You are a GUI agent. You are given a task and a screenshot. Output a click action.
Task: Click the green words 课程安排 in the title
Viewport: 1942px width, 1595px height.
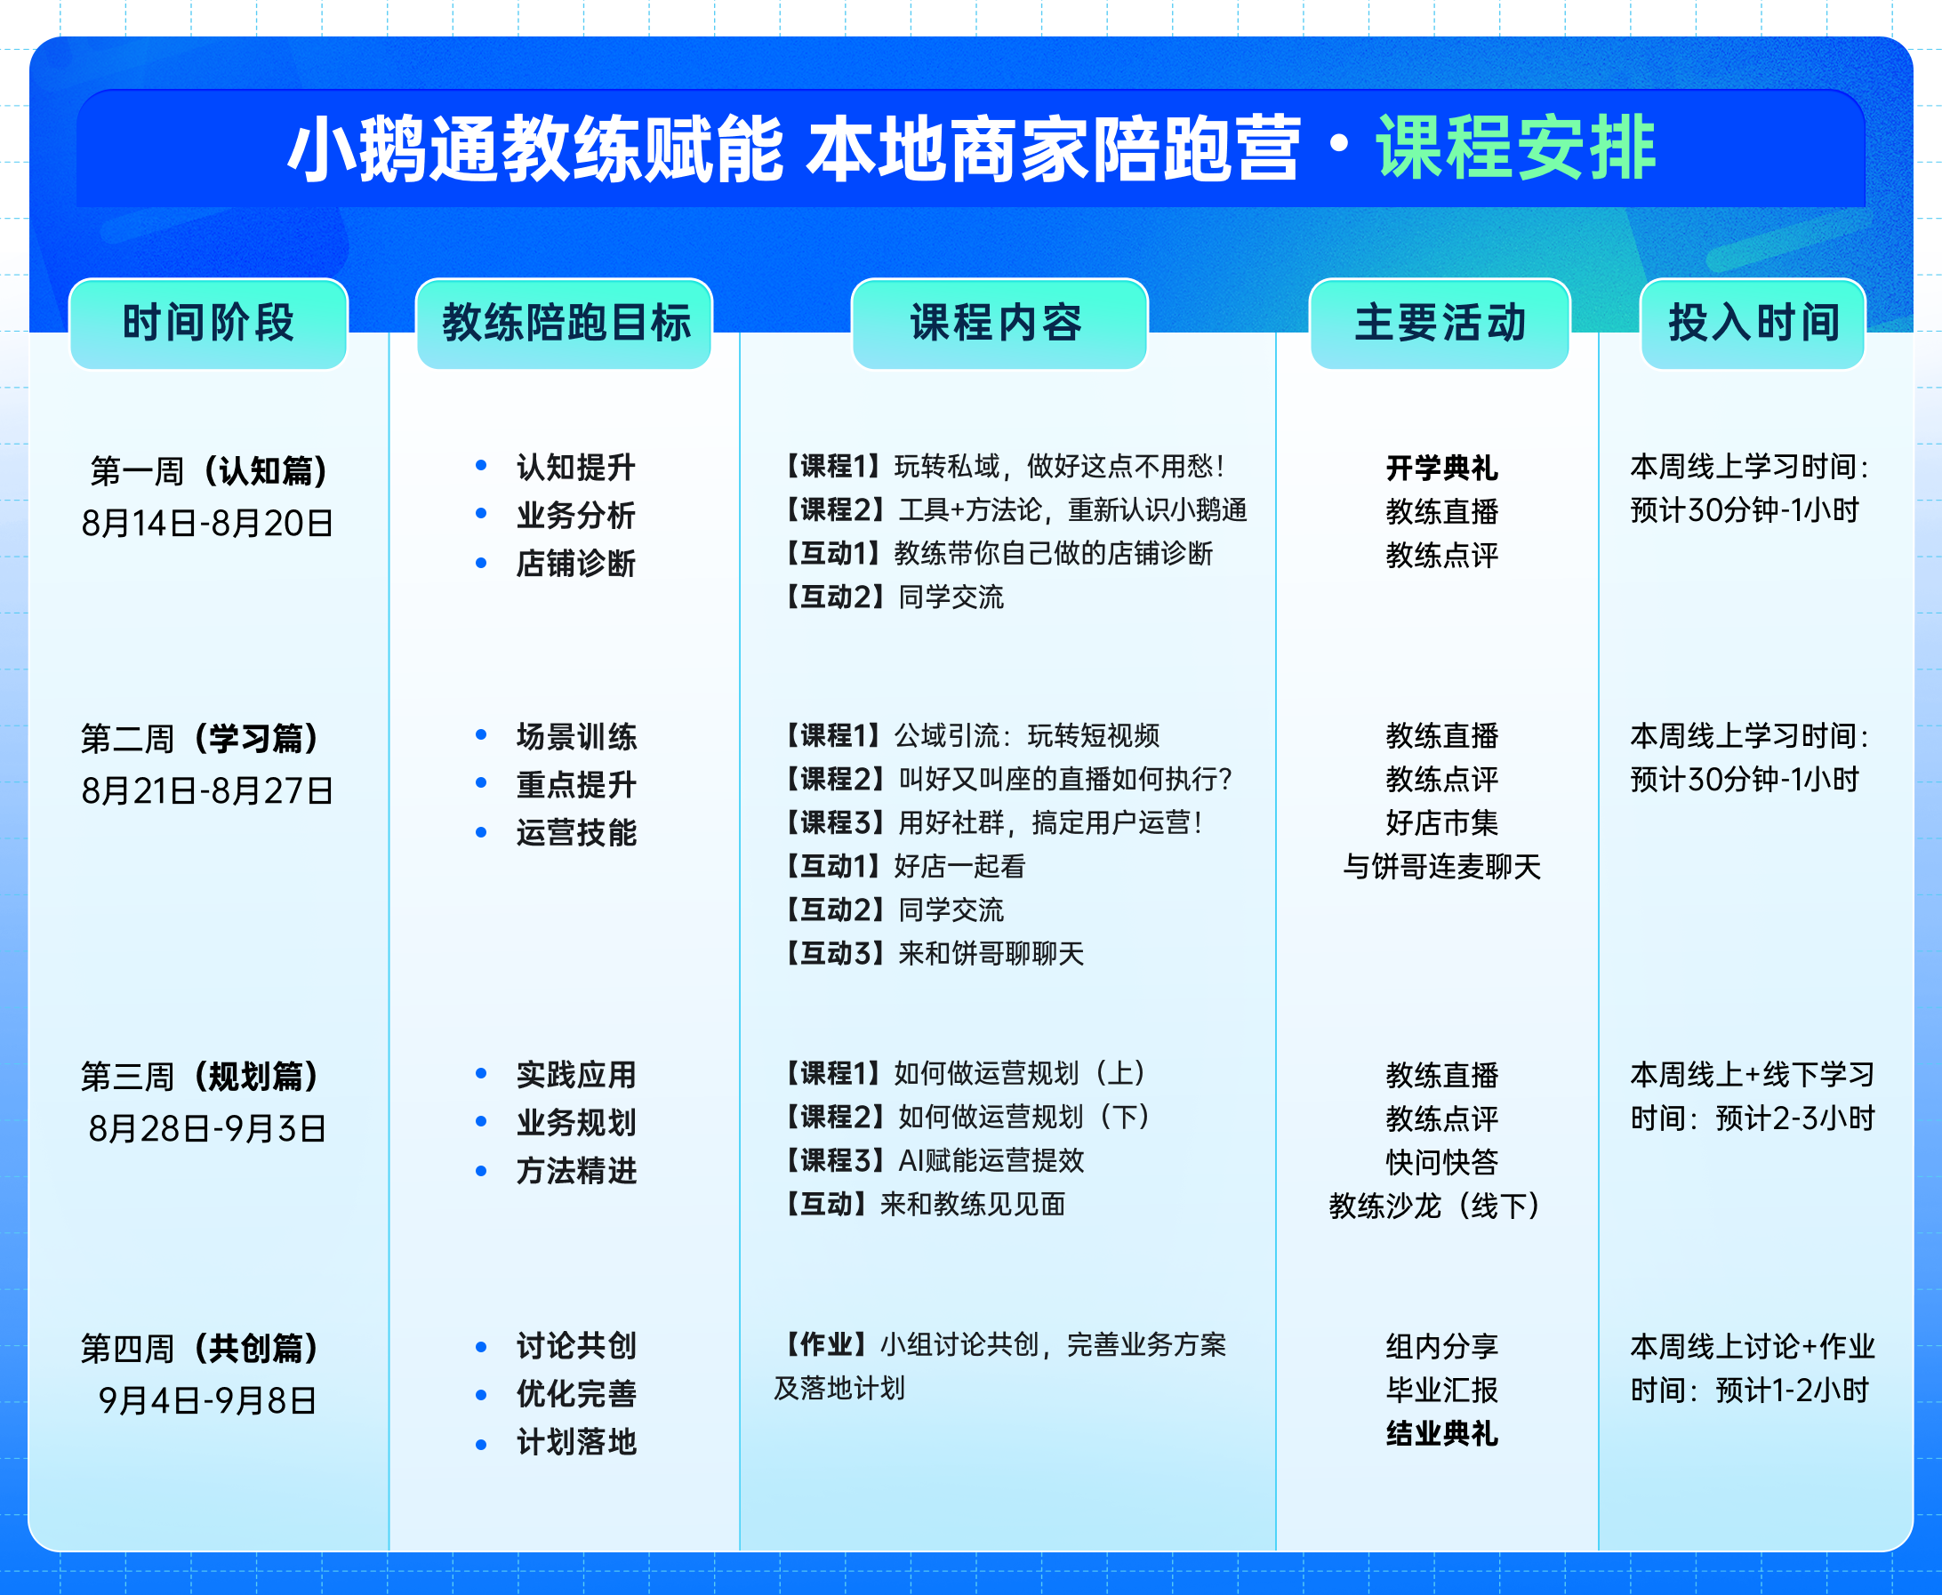pos(1515,148)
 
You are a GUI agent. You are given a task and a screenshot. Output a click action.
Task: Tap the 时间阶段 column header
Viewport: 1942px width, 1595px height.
pos(209,324)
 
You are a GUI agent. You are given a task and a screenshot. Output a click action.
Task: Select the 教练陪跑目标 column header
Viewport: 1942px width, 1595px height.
pos(564,324)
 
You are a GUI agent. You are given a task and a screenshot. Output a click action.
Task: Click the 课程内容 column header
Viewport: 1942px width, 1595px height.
pos(999,324)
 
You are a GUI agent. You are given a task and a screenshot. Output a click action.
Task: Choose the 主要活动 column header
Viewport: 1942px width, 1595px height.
pos(1440,324)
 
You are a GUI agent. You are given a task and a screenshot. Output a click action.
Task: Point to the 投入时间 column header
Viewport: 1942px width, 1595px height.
pos(1753,324)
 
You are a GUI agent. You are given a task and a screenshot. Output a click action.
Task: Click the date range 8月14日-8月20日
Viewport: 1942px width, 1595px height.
pos(207,523)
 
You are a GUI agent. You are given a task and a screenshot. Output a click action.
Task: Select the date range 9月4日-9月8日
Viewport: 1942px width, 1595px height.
pos(207,1400)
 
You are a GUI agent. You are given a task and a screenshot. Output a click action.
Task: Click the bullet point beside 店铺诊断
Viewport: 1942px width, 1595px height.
pos(480,563)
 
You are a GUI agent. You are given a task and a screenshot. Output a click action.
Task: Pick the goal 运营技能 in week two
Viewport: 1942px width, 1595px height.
pos(576,832)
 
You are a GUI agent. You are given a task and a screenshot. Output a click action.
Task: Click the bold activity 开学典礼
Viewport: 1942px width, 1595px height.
pos(1441,468)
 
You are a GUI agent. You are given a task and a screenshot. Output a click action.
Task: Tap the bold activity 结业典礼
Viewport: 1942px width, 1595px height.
pos(1441,1433)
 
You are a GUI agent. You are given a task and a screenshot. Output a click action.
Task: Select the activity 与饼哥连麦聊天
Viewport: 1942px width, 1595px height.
pos(1441,867)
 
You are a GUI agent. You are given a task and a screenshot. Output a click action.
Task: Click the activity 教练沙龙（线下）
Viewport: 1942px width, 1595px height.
pos(1440,1206)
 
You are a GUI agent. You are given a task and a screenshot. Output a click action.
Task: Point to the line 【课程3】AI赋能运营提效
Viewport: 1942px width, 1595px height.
pos(930,1160)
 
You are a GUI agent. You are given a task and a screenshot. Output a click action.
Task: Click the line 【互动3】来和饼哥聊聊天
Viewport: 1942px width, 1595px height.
pos(930,954)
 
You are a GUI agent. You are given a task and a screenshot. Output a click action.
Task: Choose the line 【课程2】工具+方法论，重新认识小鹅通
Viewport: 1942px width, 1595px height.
pos(1010,510)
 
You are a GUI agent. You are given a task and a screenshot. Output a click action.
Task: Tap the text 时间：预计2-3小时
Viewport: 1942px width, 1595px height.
pos(1752,1118)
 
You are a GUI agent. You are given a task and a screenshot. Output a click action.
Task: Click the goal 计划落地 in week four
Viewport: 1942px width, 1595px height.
pos(576,1441)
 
